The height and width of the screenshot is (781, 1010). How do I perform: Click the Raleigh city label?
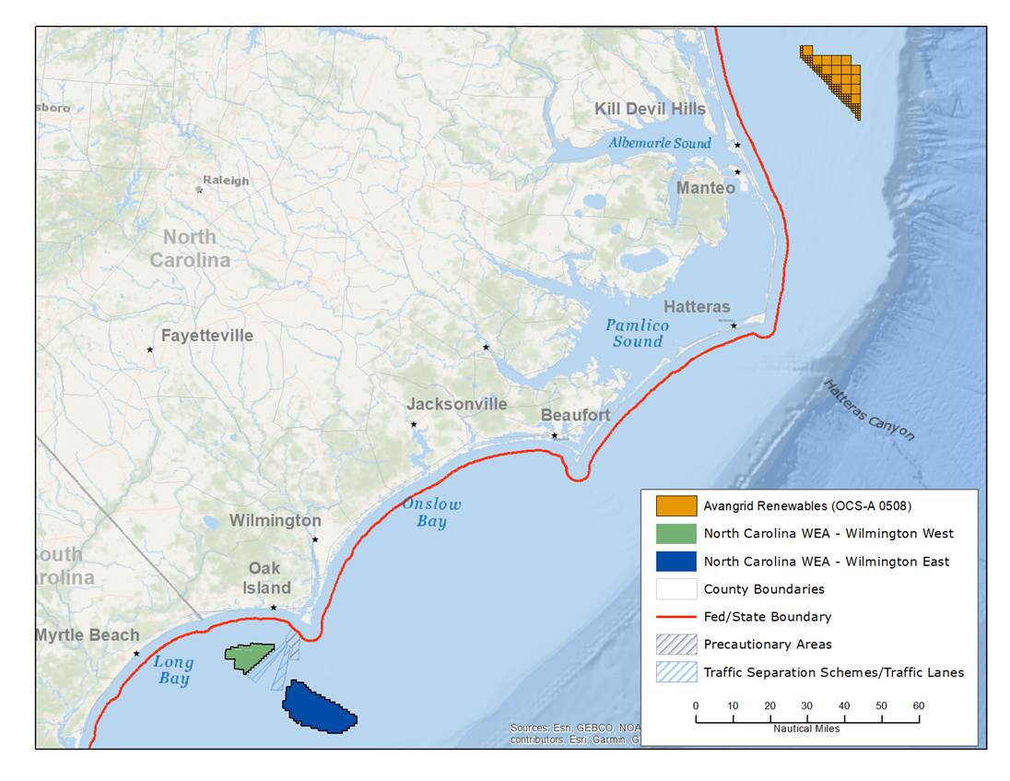coord(226,181)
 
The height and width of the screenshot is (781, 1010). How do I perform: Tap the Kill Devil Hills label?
coord(650,109)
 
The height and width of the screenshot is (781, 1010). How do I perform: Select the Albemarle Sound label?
coord(659,143)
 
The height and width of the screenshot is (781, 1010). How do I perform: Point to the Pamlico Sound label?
coord(637,334)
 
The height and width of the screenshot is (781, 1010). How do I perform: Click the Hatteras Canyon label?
coord(869,410)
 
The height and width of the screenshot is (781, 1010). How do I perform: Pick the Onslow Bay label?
coord(431,513)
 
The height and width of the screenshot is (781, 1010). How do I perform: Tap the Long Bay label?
coord(173,670)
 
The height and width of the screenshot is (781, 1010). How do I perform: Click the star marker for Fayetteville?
coord(149,349)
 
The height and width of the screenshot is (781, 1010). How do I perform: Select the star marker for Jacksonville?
coord(414,424)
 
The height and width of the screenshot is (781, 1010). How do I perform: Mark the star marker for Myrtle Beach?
coord(136,654)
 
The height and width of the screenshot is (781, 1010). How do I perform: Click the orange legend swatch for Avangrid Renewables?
coord(675,506)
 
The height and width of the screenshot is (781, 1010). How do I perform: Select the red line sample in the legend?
coord(675,617)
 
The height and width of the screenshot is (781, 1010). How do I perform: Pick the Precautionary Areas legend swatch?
coord(675,645)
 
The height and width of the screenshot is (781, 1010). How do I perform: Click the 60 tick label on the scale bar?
coord(918,705)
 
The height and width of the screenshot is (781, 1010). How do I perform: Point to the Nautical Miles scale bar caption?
coord(806,728)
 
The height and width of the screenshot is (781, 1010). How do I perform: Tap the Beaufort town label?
coord(575,415)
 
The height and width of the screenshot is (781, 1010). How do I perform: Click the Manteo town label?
coord(706,188)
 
